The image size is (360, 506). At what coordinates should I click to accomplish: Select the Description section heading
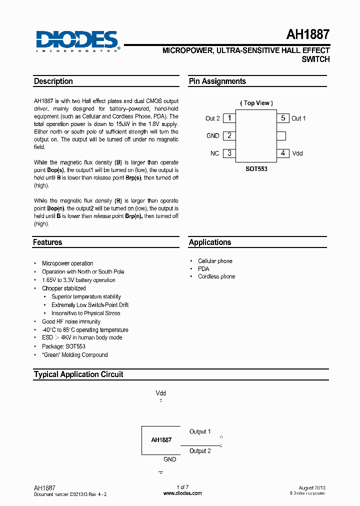(53, 81)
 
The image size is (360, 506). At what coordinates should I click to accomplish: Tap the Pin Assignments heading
(217, 81)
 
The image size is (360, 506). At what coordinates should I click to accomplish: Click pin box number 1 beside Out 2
(229, 118)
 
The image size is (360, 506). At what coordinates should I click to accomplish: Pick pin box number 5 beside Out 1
(283, 118)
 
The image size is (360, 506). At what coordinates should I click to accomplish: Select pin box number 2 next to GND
(229, 135)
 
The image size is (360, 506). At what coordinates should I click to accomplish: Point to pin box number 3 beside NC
(229, 153)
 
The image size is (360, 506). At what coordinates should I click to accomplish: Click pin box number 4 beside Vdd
(283, 153)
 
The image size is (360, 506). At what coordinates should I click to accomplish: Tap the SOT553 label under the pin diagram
(256, 169)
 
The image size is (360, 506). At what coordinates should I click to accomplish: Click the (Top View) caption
(256, 103)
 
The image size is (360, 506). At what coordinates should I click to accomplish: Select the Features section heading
(48, 242)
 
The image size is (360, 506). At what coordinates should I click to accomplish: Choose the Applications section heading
(210, 242)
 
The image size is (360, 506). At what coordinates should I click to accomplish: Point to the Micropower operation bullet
(67, 263)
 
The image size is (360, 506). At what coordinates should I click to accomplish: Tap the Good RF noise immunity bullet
(71, 321)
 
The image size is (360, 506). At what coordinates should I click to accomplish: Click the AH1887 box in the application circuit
(161, 440)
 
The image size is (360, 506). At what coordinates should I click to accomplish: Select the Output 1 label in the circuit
(200, 431)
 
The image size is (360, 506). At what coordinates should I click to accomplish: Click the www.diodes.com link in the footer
(183, 493)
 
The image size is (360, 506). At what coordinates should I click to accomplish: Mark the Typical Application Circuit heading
(78, 374)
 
